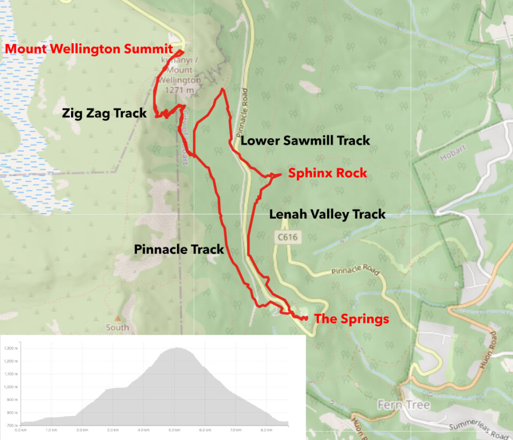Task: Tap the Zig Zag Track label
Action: coord(104,113)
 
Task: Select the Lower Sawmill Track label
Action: coord(305,141)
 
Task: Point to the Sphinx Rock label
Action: coord(328,173)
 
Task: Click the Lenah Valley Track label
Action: coord(327,214)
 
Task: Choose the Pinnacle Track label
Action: coord(179,249)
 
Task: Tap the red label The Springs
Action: coord(351,319)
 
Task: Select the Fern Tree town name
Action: coord(403,405)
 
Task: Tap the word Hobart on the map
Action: coord(448,159)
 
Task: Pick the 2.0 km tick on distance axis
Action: coord(82,429)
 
